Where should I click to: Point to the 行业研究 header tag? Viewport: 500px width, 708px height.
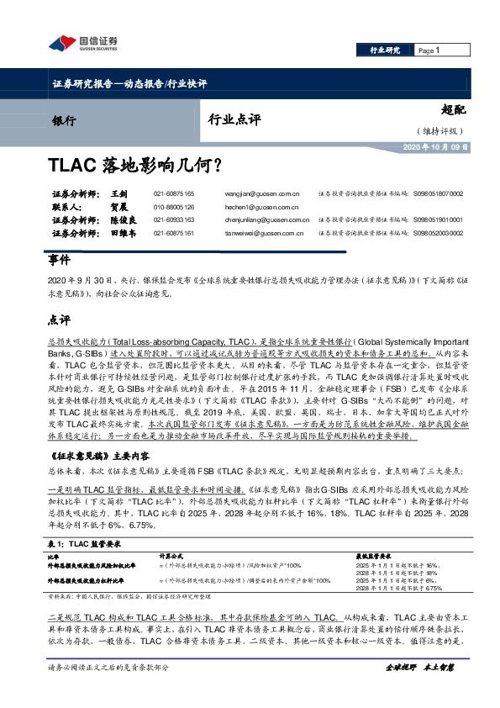pos(385,51)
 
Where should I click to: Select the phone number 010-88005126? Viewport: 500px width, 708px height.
pos(173,207)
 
